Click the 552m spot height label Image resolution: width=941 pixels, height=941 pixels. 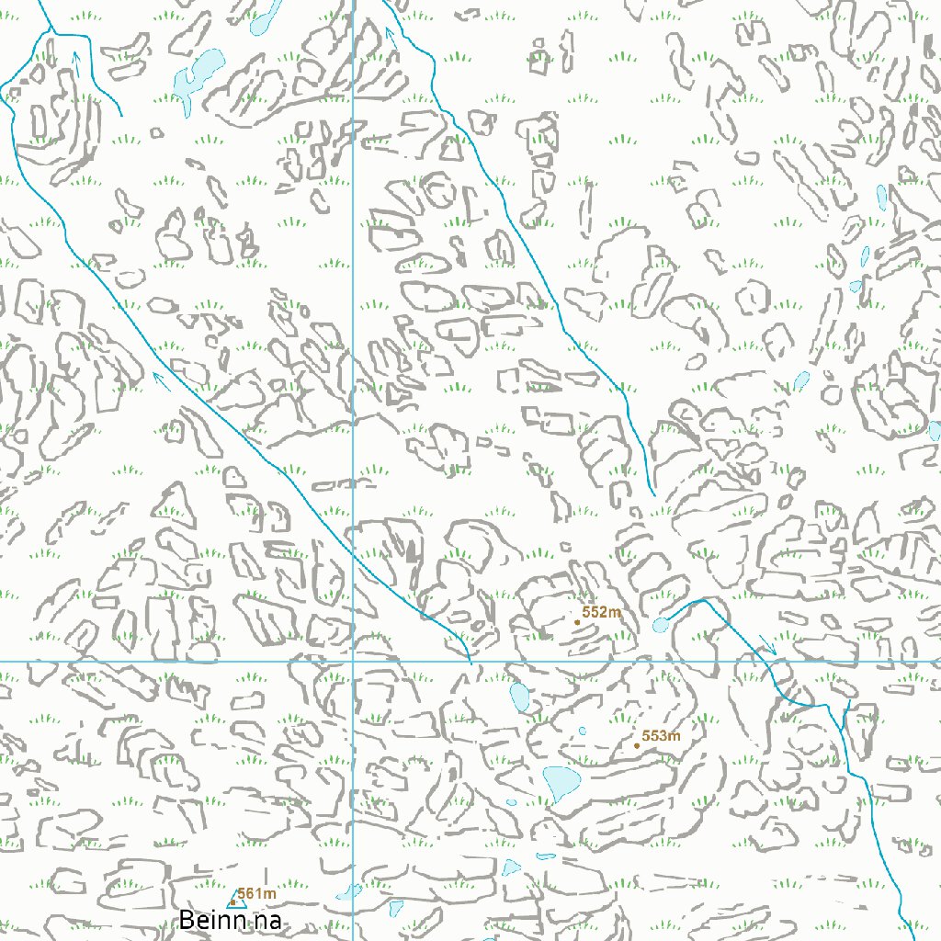click(x=602, y=612)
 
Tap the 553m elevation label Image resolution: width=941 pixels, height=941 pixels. click(x=661, y=736)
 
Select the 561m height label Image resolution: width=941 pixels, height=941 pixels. click(x=257, y=893)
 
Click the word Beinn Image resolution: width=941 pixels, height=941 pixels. click(x=210, y=920)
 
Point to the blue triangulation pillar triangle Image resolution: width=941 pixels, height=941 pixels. click(x=232, y=901)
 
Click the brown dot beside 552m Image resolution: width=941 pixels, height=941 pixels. click(x=577, y=622)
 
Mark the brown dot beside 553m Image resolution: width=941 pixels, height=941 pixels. click(x=637, y=745)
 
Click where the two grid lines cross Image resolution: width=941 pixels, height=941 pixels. click(x=354, y=661)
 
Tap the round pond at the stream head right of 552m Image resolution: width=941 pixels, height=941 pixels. click(x=660, y=626)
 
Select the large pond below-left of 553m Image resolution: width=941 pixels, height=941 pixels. click(x=561, y=781)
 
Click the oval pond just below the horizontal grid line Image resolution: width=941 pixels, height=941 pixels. click(x=518, y=697)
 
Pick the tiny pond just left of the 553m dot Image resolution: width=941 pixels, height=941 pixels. click(x=582, y=731)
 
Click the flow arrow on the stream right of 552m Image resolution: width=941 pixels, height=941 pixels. click(x=768, y=646)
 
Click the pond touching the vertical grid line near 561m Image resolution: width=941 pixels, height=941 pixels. click(x=348, y=891)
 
